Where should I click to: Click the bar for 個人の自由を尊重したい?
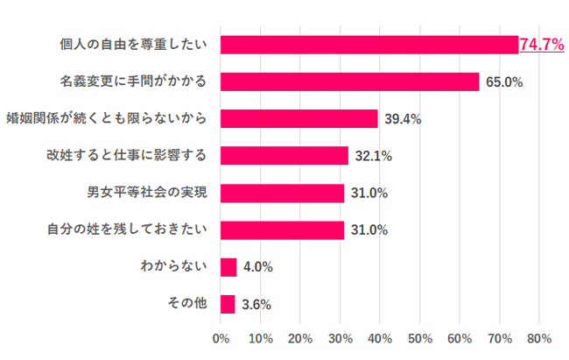pyautogui.click(x=369, y=45)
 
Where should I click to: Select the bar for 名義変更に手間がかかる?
pyautogui.click(x=350, y=81)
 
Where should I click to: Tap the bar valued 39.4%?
pyautogui.click(x=299, y=118)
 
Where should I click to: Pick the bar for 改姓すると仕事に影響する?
pyautogui.click(x=284, y=156)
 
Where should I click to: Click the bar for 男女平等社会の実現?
pyautogui.click(x=282, y=193)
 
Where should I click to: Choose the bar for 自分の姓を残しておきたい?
pyautogui.click(x=282, y=230)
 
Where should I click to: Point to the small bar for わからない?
pyautogui.click(x=228, y=267)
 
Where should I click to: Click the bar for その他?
pyautogui.click(x=228, y=304)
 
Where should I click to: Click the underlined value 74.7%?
pyautogui.click(x=541, y=45)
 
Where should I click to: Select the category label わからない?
pyautogui.click(x=173, y=267)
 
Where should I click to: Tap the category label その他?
pyautogui.click(x=186, y=304)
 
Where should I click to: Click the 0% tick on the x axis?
pyautogui.click(x=221, y=338)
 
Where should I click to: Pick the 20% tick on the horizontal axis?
pyautogui.click(x=300, y=338)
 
